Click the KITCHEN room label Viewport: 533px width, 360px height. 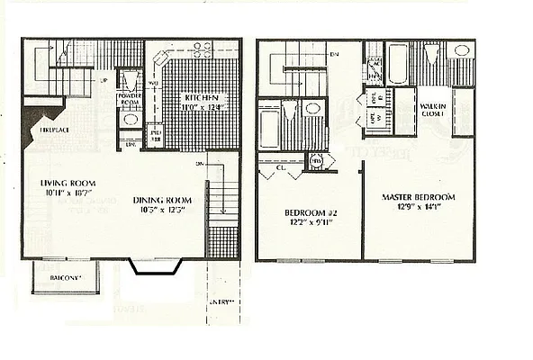[x=199, y=97]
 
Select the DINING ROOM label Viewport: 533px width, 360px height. [x=164, y=200]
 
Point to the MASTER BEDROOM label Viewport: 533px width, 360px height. [x=418, y=197]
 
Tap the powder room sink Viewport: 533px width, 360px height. [x=128, y=120]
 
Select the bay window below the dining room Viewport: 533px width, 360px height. [x=158, y=265]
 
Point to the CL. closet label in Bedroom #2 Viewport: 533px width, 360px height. [x=281, y=166]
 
